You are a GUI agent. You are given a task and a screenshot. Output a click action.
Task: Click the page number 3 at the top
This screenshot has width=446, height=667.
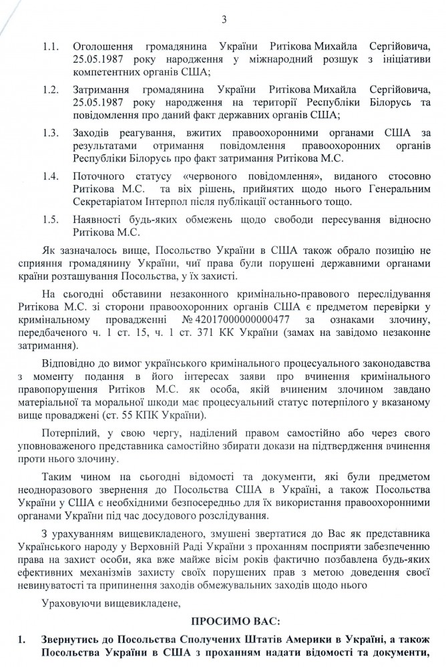tap(224, 9)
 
